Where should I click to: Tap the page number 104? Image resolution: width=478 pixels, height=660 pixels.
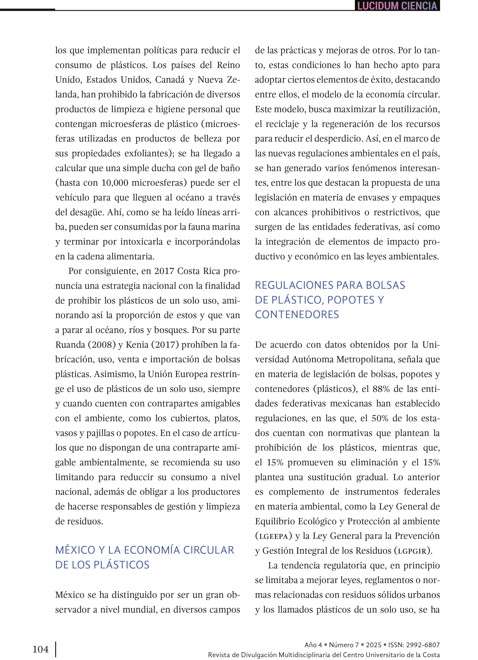point(40,649)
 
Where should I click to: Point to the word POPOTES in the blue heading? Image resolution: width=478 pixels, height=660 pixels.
point(351,300)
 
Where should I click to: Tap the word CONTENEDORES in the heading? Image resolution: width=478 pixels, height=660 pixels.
point(297,315)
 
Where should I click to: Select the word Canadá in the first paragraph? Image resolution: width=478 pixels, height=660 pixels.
point(170,80)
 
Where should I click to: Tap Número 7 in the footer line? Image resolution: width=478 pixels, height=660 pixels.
point(344,645)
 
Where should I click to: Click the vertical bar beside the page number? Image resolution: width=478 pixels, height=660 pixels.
point(56,650)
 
